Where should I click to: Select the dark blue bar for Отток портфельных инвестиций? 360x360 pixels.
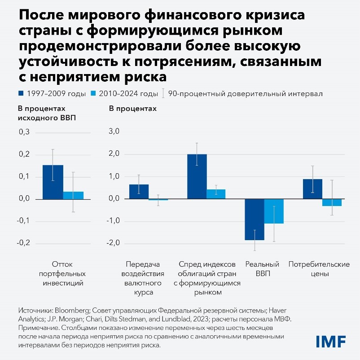tap(53, 182)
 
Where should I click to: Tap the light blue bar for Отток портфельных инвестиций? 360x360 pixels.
tap(73, 195)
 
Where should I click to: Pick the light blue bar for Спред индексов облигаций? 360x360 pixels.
tap(216, 194)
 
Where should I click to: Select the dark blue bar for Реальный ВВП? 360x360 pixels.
tap(255, 219)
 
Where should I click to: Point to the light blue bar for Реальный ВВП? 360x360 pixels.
tap(274, 211)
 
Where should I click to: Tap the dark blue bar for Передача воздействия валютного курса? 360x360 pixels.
tap(139, 192)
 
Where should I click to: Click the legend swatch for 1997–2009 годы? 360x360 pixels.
tap(21, 94)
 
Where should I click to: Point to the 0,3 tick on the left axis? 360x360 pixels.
tap(24, 132)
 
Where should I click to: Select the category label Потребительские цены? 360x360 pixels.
tap(319, 268)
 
